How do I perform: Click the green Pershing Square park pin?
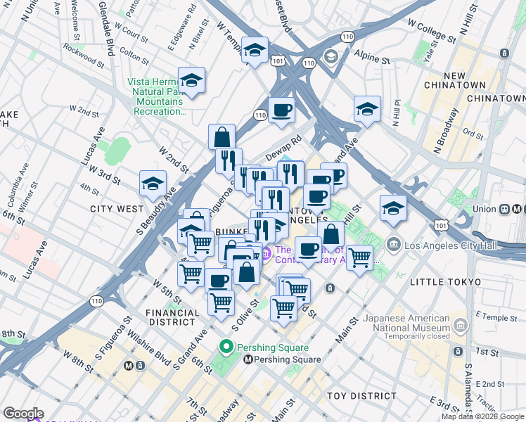coord(226,347)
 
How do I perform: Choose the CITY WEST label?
coord(117,209)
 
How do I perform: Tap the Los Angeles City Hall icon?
coord(394,245)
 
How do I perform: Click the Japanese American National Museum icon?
coord(460,324)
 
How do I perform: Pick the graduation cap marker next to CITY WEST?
coord(153,185)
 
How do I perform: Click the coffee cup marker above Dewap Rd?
coord(281,110)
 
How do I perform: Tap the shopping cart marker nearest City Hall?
coord(359,258)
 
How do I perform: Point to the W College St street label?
coord(422,30)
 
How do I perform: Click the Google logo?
coord(23,414)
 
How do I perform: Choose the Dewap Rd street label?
coord(283,148)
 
